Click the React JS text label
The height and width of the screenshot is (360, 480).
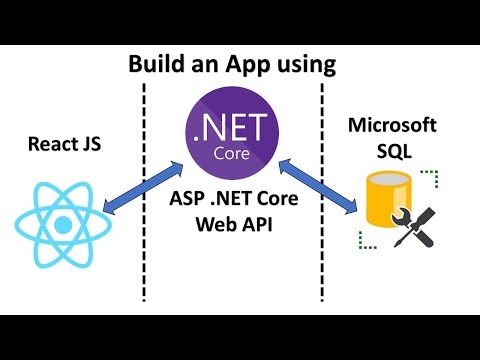66,145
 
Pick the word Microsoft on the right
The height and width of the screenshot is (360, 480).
393,127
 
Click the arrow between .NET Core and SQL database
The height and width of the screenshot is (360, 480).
322,188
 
